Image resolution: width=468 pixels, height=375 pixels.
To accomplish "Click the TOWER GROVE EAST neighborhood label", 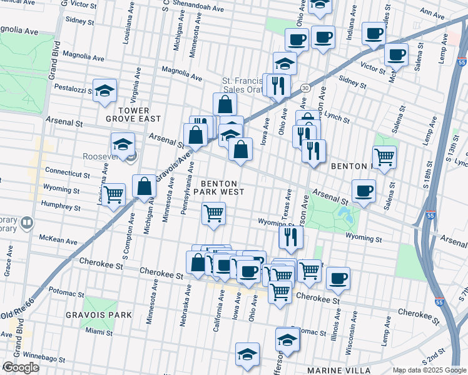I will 133,114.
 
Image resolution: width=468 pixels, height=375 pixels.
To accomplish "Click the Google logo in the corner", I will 20,367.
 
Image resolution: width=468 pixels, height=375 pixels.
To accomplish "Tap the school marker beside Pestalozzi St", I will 105,91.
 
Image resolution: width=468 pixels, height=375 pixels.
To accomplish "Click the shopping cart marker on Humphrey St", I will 113,194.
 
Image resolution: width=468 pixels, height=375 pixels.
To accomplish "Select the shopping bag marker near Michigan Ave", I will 145,186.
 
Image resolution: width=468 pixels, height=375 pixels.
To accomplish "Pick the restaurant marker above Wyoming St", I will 291,236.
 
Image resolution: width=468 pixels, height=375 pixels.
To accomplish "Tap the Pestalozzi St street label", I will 74,88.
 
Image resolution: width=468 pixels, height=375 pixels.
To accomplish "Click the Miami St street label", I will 99,331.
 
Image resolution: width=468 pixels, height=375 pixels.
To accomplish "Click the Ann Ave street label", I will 432,12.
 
